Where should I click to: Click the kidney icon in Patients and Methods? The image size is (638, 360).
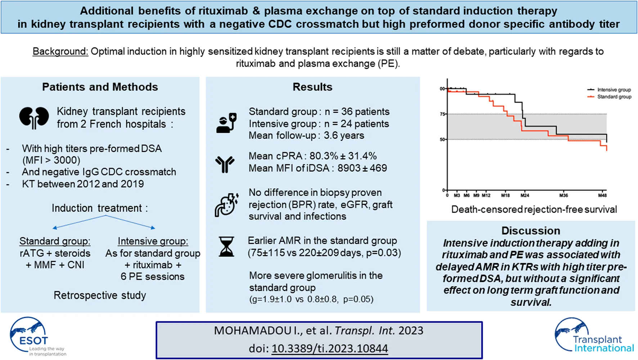(x=34, y=118)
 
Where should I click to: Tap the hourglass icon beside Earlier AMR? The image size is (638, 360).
(x=226, y=247)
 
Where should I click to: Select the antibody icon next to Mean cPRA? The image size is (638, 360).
(x=225, y=164)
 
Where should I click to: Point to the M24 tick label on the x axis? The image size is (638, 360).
(x=525, y=195)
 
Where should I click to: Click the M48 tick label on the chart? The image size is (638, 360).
(x=602, y=195)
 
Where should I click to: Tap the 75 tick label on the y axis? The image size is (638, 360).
(x=442, y=114)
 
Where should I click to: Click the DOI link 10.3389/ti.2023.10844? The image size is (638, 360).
(x=329, y=348)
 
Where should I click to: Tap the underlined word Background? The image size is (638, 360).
(x=60, y=51)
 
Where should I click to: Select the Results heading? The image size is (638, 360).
(x=312, y=87)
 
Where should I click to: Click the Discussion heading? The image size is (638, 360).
(x=531, y=231)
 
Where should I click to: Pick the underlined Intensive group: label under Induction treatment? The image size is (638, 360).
(x=153, y=241)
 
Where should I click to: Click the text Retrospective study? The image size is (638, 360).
(x=100, y=296)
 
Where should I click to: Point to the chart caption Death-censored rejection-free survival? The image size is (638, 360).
(x=534, y=210)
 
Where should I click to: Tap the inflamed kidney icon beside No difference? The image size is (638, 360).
(x=226, y=205)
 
